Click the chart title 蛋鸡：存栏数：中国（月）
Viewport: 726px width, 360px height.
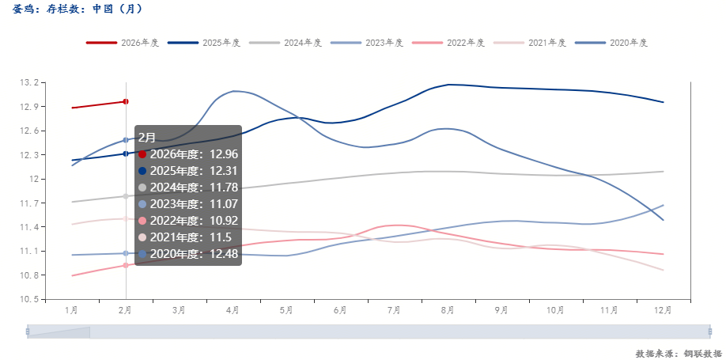pos(78,10)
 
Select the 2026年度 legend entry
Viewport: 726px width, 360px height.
pos(123,43)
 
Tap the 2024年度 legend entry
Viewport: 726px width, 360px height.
pos(285,43)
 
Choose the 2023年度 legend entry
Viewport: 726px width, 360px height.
pos(367,43)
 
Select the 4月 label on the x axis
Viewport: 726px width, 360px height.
pos(233,311)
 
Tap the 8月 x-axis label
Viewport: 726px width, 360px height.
pos(448,311)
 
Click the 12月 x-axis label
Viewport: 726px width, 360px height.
pos(663,311)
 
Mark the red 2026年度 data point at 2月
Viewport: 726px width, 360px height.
pos(126,101)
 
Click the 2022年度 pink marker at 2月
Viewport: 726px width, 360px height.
pos(126,266)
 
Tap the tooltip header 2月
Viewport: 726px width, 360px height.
pos(147,137)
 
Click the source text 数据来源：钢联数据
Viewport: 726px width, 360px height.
pos(678,353)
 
